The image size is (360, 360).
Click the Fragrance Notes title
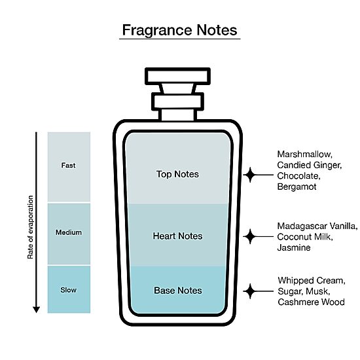tap(179, 30)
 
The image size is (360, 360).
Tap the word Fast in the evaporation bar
tap(68, 166)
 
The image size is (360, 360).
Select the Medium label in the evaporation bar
tap(69, 232)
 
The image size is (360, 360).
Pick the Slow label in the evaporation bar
tap(69, 290)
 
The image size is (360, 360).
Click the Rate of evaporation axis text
tap(30, 227)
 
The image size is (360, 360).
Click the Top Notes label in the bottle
tap(177, 174)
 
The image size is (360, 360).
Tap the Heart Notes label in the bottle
tap(177, 236)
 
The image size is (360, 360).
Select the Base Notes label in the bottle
tap(178, 291)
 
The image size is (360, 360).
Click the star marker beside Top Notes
tap(250, 175)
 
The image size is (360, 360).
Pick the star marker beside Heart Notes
tap(250, 236)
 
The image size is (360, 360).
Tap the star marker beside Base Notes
tap(250, 291)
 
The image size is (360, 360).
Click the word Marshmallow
tap(304, 154)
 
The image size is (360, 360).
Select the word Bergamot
tap(297, 187)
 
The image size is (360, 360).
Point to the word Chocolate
tap(298, 176)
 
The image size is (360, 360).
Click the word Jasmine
tap(294, 247)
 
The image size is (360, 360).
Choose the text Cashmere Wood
tap(311, 302)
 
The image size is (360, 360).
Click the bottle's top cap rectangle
tap(177, 76)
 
